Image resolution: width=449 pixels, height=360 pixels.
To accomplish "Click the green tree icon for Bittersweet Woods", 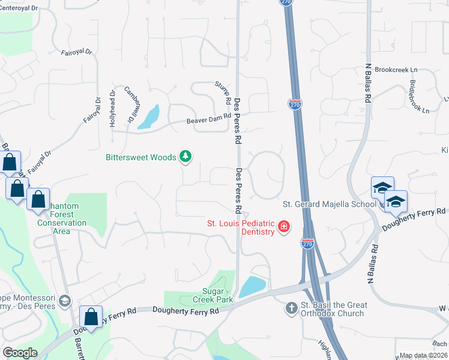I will click(x=186, y=157).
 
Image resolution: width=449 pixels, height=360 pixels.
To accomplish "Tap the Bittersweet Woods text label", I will click(x=141, y=157).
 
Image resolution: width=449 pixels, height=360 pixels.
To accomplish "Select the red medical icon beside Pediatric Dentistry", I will click(x=283, y=227).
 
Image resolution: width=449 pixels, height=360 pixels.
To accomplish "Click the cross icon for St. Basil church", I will click(x=291, y=308).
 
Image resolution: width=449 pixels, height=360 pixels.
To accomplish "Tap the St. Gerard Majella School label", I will click(x=330, y=204).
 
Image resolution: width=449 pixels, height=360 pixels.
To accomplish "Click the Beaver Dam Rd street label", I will click(x=208, y=120).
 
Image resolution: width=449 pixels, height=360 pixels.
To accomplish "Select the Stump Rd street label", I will click(x=223, y=91).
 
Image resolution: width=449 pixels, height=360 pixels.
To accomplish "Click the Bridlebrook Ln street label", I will click(x=419, y=97).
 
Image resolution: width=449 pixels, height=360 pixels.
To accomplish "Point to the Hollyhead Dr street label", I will click(x=112, y=108).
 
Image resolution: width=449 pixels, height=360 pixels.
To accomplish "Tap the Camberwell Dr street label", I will click(x=132, y=103).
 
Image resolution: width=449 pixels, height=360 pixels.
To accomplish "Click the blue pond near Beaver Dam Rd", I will click(x=149, y=118).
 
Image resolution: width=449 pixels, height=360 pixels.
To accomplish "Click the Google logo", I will click(x=20, y=353).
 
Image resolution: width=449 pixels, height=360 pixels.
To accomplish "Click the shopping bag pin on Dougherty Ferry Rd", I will click(x=91, y=316).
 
